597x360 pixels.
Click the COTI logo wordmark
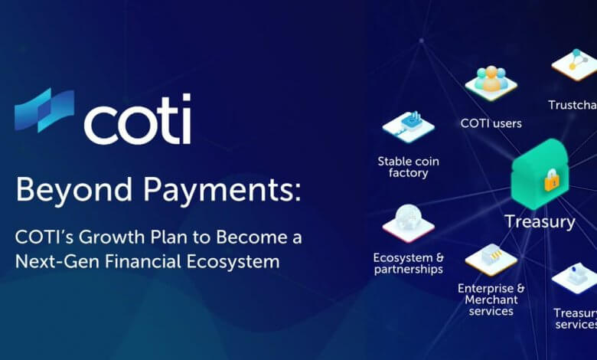pyautogui.click(x=138, y=119)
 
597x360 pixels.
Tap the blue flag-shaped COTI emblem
pyautogui.click(x=44, y=110)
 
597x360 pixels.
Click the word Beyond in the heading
pyautogui.click(x=74, y=190)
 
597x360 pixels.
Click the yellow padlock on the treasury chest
pyautogui.click(x=553, y=180)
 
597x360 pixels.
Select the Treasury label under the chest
pyautogui.click(x=540, y=221)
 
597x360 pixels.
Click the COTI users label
pyautogui.click(x=491, y=123)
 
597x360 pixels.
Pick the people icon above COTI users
pyautogui.click(x=491, y=83)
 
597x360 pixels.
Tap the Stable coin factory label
pyautogui.click(x=408, y=167)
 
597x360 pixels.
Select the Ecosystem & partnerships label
pyautogui.click(x=409, y=263)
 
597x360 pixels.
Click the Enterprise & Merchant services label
pyautogui.click(x=491, y=299)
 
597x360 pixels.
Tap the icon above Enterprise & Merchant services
pyautogui.click(x=491, y=260)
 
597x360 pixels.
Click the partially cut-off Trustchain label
pyautogui.click(x=573, y=105)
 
